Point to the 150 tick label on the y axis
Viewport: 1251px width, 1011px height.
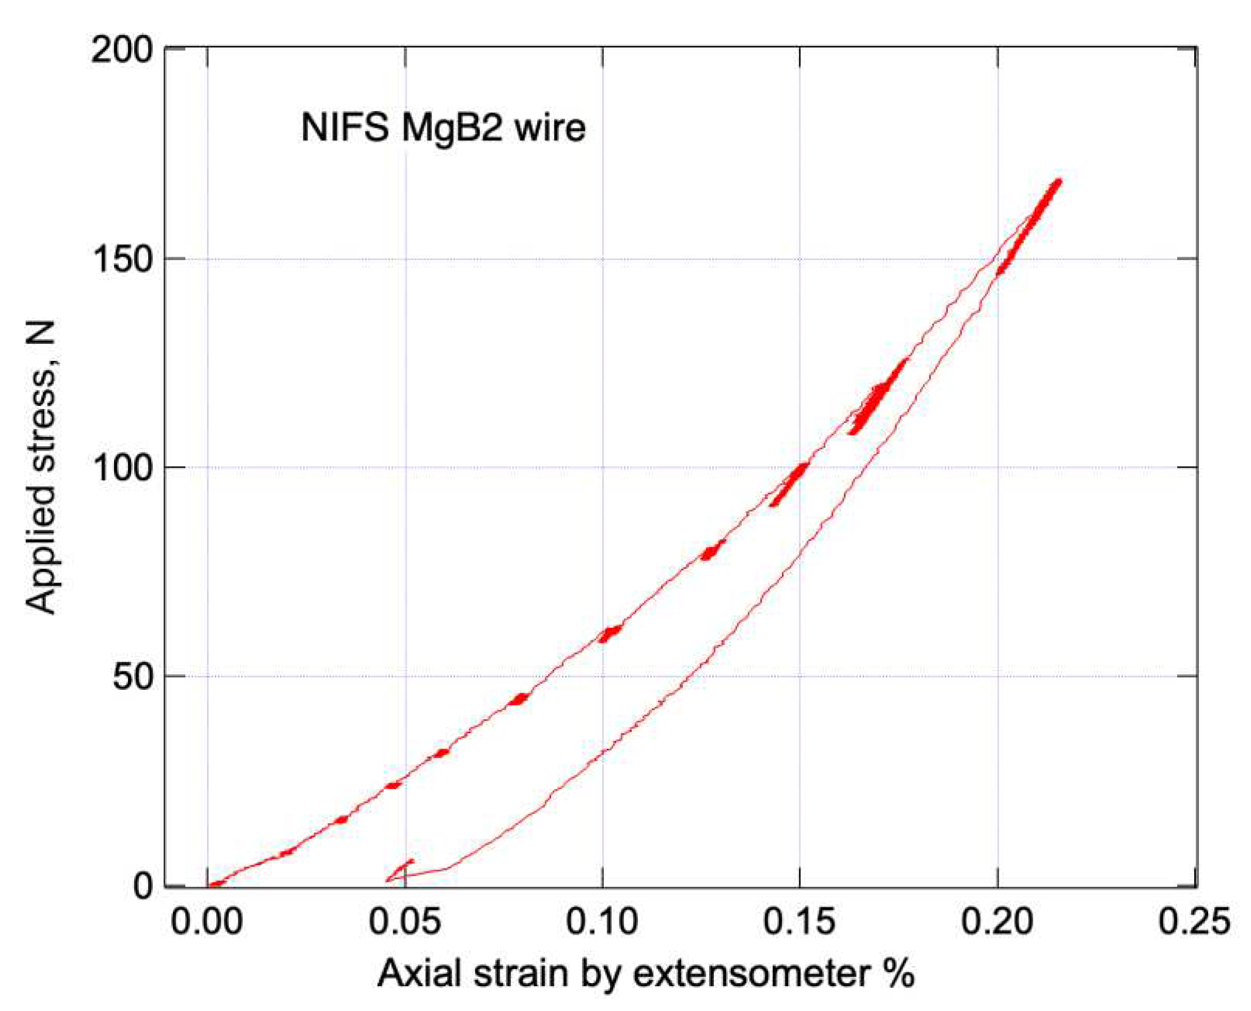tap(123, 260)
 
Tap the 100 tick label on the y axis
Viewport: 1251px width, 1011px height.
tap(123, 468)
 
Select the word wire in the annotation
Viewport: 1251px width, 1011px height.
tap(550, 128)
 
